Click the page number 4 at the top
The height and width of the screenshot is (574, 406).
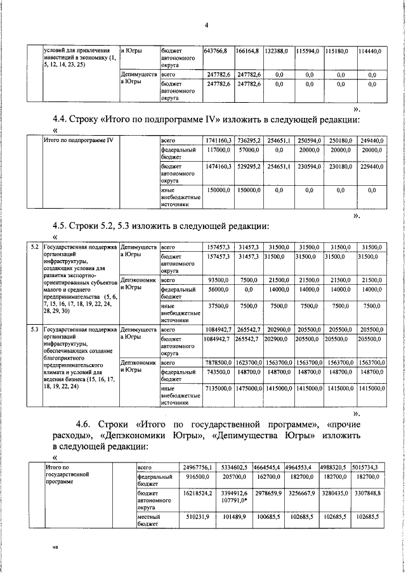(207, 25)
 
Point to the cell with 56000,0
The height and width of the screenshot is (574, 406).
(219, 289)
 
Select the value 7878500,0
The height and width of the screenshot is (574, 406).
(218, 363)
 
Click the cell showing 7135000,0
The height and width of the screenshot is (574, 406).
(218, 388)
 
